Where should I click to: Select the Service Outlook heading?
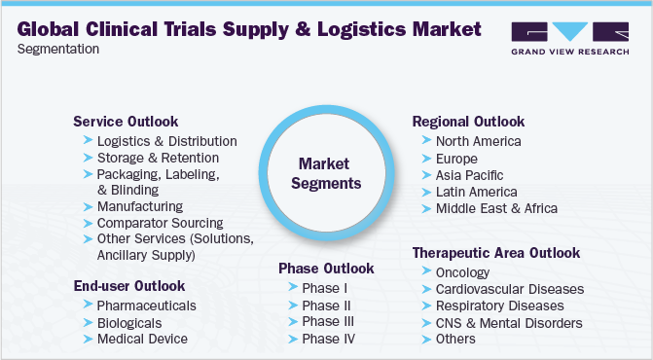pos(126,122)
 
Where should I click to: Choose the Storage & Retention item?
pos(158,158)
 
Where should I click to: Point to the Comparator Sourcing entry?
pos(160,223)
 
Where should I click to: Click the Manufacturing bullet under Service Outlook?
pos(139,206)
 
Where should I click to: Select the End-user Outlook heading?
pos(128,285)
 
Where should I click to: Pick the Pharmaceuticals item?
pos(146,306)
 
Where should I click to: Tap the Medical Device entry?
pos(142,339)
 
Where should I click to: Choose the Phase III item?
pos(327,321)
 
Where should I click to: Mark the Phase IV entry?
pos(328,338)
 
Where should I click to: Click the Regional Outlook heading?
pos(468,122)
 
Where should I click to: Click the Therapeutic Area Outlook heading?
pos(496,253)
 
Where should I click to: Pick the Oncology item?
pos(463,272)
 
